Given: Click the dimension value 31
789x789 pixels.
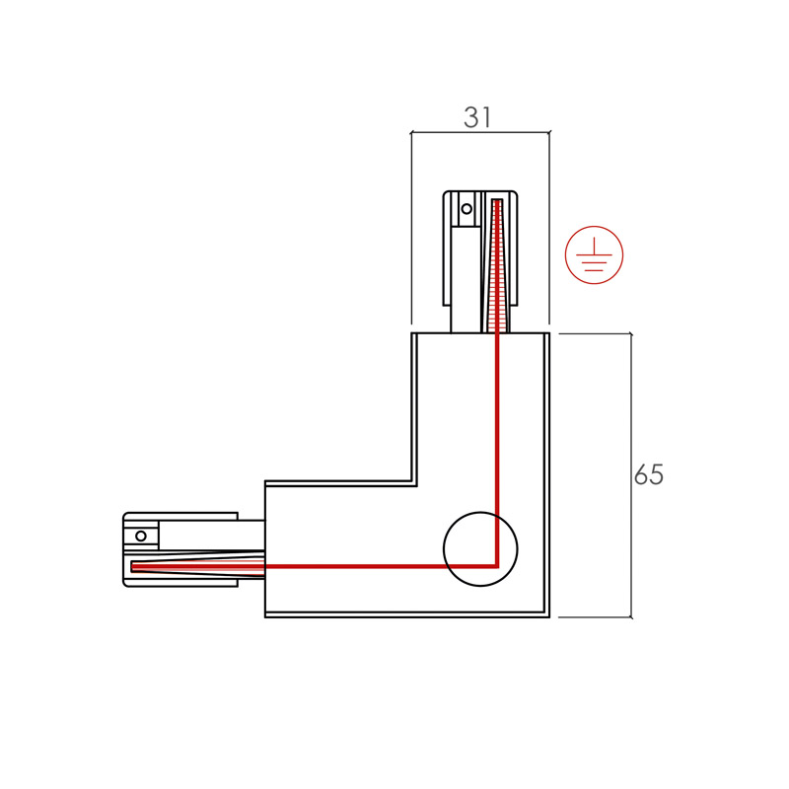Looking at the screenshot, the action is click(477, 117).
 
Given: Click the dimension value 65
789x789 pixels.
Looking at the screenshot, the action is click(649, 474).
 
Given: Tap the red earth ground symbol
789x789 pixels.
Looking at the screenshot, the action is click(594, 254).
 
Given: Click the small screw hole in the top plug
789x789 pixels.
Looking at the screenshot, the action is click(466, 208).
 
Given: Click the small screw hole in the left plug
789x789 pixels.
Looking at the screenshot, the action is click(141, 536).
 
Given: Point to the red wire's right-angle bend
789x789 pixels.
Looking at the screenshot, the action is click(496, 566).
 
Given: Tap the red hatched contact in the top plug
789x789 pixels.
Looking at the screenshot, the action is click(497, 265).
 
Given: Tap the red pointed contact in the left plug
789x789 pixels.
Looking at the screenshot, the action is click(198, 566).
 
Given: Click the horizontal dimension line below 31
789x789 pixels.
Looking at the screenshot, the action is click(480, 133).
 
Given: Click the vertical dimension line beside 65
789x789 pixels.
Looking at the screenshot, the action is click(631, 475).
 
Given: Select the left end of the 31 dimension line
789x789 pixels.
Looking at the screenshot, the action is click(411, 133).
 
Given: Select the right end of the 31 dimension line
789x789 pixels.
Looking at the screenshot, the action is click(549, 133).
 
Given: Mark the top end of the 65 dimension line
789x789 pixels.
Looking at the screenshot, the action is click(631, 333).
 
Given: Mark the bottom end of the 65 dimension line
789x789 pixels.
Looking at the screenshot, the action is click(631, 617).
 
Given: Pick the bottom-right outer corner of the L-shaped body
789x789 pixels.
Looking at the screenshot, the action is click(549, 617).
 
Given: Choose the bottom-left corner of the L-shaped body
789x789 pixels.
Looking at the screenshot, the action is click(265, 617).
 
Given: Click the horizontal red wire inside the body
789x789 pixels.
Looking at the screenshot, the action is click(381, 566).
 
